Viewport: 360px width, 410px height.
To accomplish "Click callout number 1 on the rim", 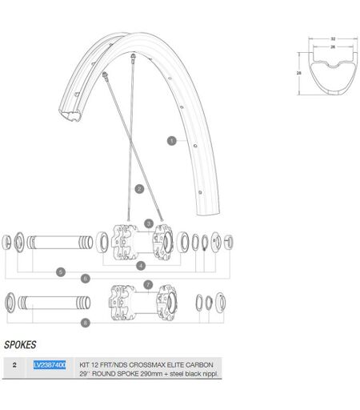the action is tap(172, 141).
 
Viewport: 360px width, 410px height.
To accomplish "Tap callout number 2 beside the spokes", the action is tap(139, 189).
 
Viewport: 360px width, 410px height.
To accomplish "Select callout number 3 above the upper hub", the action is tap(149, 223).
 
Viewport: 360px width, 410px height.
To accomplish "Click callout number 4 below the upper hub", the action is tap(141, 266).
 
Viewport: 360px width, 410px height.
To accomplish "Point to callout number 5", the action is tap(61, 272).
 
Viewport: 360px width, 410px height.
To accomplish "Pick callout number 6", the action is tap(86, 279).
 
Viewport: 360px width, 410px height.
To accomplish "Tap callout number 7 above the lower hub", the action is tap(148, 284).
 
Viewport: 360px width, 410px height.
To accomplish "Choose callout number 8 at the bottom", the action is tap(86, 323).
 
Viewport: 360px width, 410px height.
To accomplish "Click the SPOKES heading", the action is tap(20, 345).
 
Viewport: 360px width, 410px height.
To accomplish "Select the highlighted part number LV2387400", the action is tap(50, 365).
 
